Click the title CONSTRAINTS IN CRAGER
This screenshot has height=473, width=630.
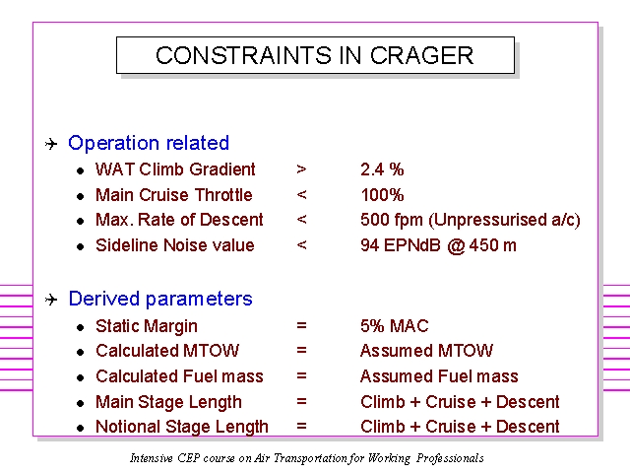[315, 55]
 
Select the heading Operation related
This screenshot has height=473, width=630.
[149, 143]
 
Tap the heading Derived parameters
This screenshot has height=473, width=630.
[160, 299]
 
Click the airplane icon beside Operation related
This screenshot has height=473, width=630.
[51, 144]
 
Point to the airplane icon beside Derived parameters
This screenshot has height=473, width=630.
[51, 300]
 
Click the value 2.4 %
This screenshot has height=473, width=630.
[382, 169]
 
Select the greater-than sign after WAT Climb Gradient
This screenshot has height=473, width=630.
[301, 169]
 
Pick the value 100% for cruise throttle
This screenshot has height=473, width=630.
[382, 195]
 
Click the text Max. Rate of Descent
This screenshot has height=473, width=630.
[179, 220]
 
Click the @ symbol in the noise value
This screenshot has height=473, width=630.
[456, 245]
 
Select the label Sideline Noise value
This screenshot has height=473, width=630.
[175, 245]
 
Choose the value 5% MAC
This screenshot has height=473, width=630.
[395, 326]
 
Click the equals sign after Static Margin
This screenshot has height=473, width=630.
[301, 325]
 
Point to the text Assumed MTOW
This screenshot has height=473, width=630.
[426, 351]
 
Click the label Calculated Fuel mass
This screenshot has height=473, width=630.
[179, 376]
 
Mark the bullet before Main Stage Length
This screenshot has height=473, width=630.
[81, 403]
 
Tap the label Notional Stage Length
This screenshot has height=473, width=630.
[182, 427]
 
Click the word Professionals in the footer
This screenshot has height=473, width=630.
[450, 458]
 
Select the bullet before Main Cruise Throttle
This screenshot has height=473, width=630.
[81, 196]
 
